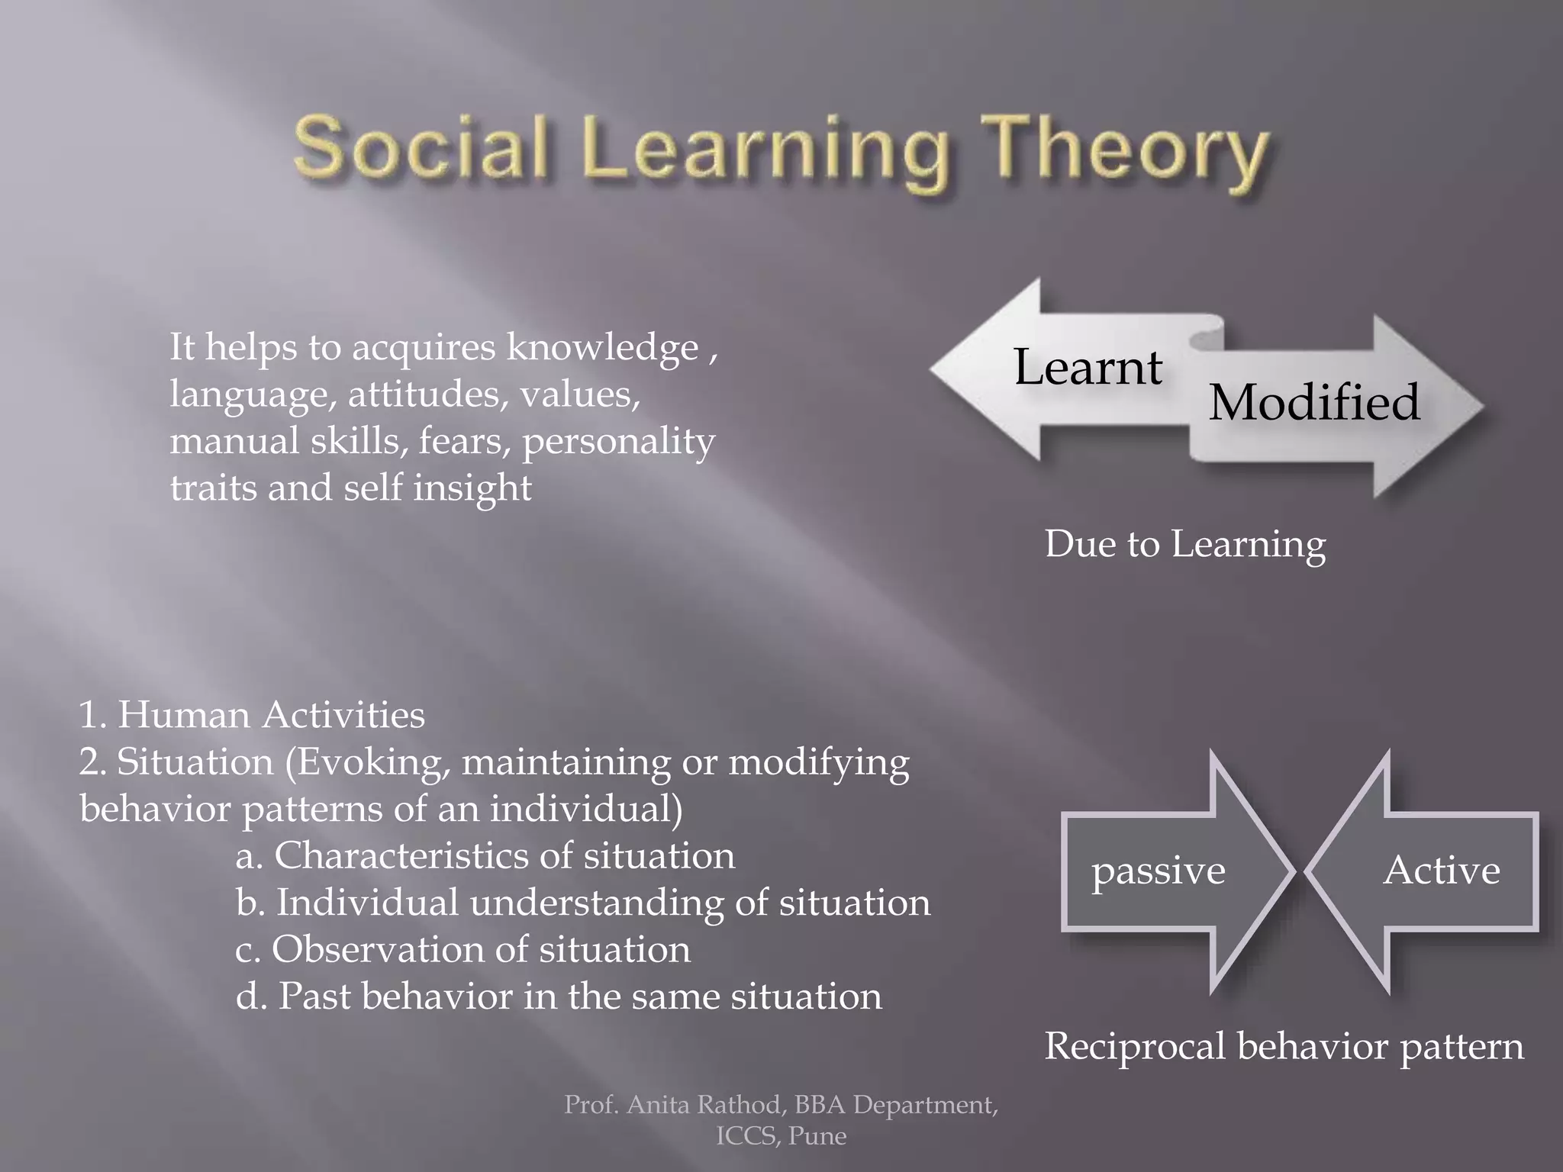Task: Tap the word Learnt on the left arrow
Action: (1088, 368)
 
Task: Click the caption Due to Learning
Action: (1184, 545)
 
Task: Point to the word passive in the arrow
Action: (1158, 871)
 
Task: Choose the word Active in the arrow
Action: (1441, 871)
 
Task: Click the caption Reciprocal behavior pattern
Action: (1284, 1046)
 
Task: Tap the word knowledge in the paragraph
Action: (603, 348)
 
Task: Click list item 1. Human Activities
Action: (252, 716)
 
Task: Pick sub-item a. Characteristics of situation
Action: (485, 856)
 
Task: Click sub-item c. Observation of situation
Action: (462, 950)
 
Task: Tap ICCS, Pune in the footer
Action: (781, 1136)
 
